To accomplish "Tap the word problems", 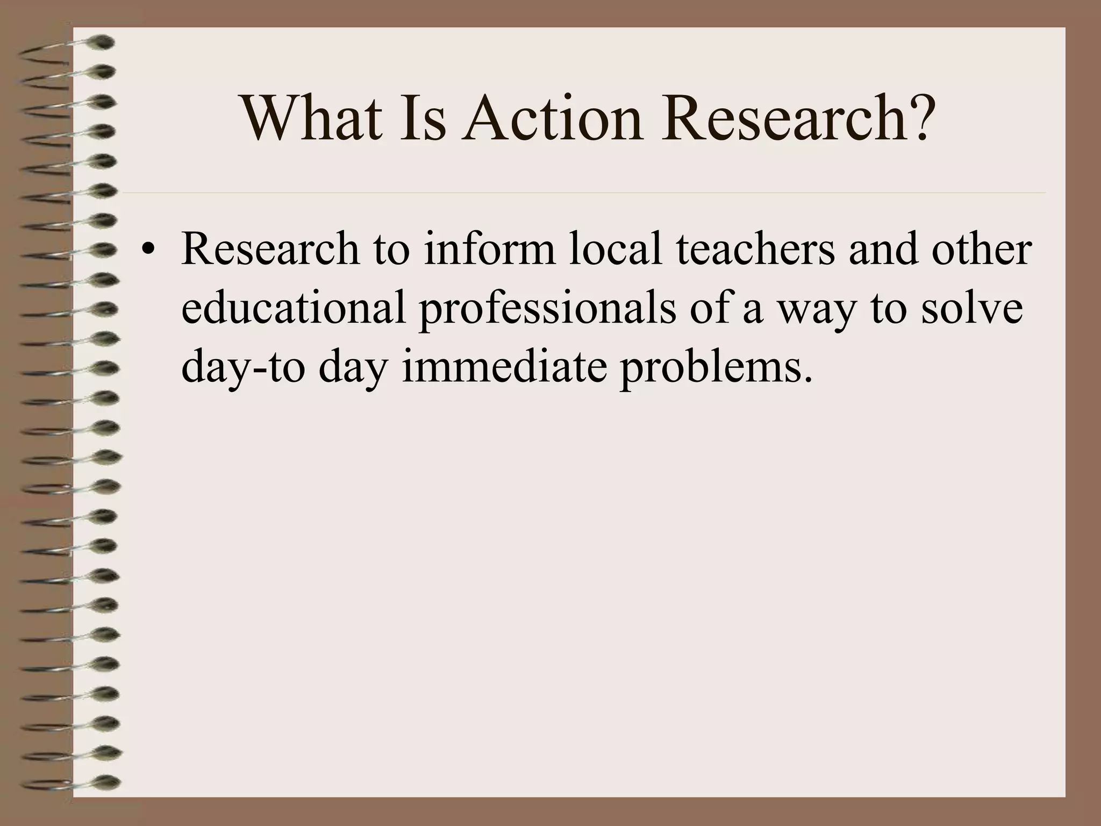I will (x=716, y=369).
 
